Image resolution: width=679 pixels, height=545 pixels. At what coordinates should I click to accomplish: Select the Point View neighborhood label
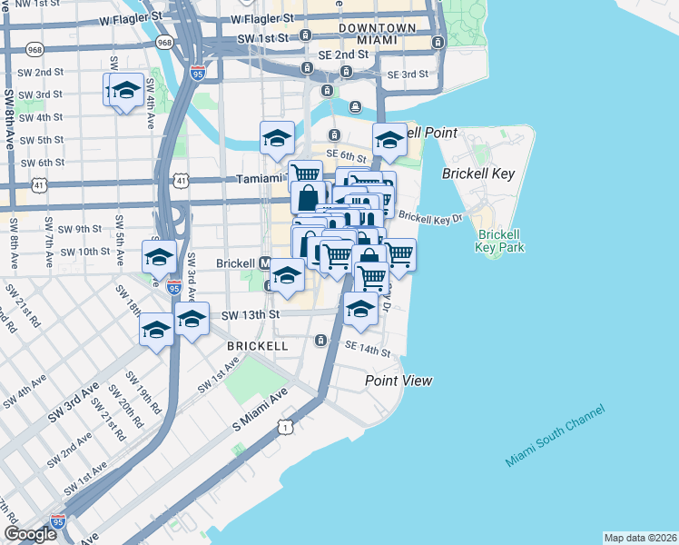click(x=399, y=381)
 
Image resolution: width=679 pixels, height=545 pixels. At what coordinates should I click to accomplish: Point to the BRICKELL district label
click(x=258, y=346)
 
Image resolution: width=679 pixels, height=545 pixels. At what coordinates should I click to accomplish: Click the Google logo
click(x=31, y=534)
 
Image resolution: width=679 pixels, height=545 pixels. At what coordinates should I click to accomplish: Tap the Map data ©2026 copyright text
click(x=640, y=538)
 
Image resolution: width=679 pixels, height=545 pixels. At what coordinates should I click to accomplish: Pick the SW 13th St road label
click(x=251, y=314)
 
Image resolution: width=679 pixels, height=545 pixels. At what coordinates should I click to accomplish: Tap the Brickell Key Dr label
click(x=430, y=218)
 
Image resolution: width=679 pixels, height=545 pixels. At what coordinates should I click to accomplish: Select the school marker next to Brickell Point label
click(x=389, y=141)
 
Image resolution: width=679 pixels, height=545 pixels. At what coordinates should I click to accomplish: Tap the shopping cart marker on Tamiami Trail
click(x=305, y=174)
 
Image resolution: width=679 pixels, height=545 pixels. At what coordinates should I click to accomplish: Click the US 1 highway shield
click(x=287, y=426)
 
